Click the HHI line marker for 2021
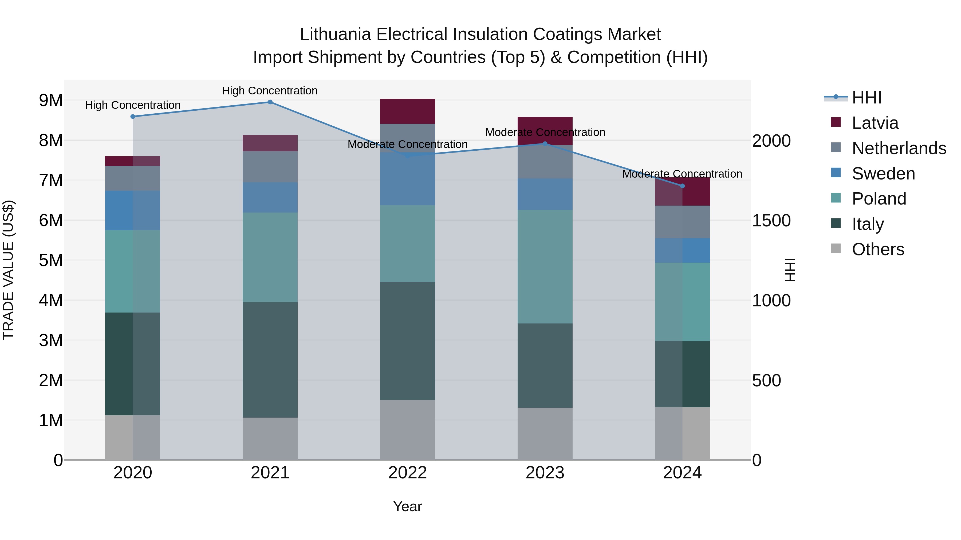[270, 102]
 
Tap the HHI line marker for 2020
[133, 117]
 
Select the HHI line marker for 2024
[682, 186]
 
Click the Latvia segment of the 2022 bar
[407, 111]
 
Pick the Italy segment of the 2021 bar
[270, 360]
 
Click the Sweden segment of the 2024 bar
[682, 250]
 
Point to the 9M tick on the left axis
[51, 100]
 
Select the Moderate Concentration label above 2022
[407, 144]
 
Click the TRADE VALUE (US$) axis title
[8, 270]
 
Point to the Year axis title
[407, 506]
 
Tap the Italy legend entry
[868, 224]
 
